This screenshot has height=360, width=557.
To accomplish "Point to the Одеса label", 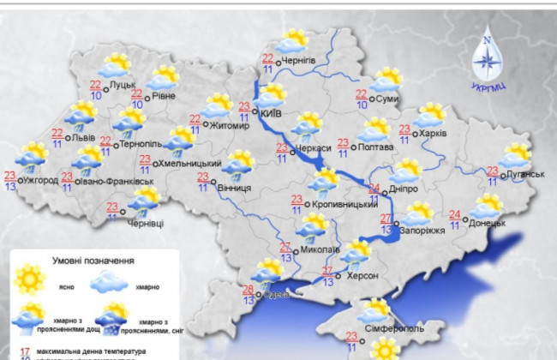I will (277, 295).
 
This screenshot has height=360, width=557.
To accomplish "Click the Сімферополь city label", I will (386, 329).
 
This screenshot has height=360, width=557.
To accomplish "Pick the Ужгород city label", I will (41, 181).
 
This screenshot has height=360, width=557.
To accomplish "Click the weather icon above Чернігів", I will (292, 41).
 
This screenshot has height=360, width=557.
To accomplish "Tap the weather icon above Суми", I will (386, 80).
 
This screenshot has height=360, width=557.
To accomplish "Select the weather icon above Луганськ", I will (516, 155).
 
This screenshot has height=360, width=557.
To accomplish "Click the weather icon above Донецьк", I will (486, 206).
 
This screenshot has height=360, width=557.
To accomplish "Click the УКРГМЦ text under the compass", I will (487, 87).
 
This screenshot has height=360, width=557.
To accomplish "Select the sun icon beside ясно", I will (31, 278).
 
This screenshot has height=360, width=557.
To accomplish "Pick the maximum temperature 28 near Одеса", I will (248, 289).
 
